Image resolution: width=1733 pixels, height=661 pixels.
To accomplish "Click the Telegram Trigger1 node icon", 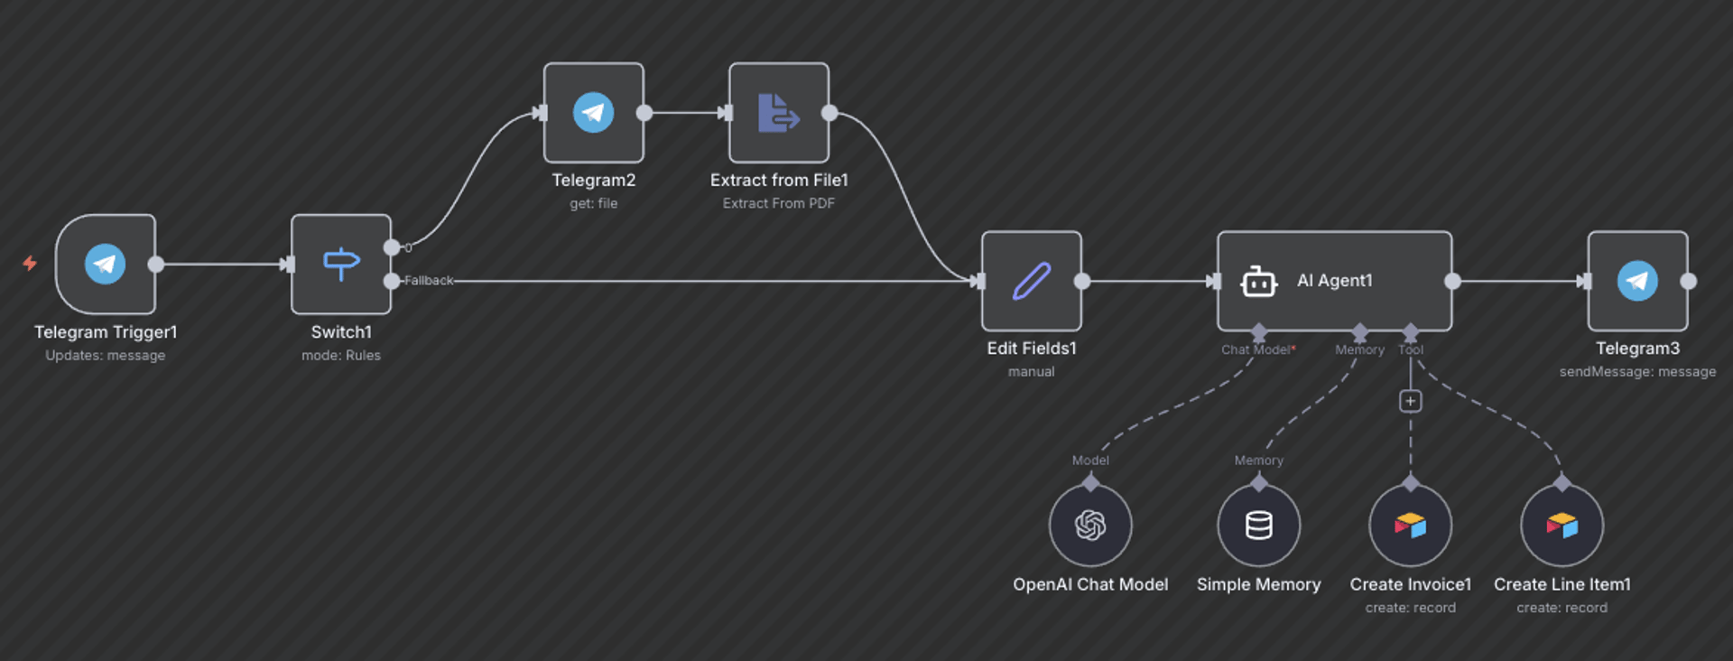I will click(106, 264).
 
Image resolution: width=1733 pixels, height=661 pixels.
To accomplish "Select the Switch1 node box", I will click(341, 264).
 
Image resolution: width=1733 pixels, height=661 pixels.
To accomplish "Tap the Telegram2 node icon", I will click(593, 113).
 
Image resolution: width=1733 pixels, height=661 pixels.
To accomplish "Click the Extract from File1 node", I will click(778, 113).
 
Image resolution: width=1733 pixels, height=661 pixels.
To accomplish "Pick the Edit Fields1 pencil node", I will click(1032, 281).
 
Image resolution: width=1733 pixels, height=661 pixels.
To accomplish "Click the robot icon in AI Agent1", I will click(1258, 282).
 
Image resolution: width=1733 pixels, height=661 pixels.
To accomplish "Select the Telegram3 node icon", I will click(1637, 281).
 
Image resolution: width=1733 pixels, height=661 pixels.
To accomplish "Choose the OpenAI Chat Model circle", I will click(1090, 526).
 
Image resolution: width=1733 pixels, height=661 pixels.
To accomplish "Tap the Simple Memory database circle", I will click(1258, 526).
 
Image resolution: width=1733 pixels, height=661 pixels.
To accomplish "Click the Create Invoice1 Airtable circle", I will click(1410, 526).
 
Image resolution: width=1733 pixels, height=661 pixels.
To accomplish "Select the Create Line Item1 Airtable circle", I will click(1562, 526).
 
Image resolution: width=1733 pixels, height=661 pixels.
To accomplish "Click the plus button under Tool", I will click(1410, 401).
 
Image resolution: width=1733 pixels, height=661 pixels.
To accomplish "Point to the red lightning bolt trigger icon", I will click(30, 263).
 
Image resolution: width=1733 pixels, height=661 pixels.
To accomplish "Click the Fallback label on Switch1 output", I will click(429, 281).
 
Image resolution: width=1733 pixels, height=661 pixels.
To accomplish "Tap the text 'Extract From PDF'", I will click(778, 204).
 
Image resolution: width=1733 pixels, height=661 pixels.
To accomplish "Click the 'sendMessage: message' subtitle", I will click(1637, 372).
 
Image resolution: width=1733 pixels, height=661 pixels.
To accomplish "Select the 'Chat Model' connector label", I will click(1256, 350).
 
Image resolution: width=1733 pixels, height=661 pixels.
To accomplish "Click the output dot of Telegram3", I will click(1688, 281).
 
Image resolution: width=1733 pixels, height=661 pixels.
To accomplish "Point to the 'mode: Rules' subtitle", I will click(341, 356).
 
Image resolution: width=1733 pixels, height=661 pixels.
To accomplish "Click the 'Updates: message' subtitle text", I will click(106, 356).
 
